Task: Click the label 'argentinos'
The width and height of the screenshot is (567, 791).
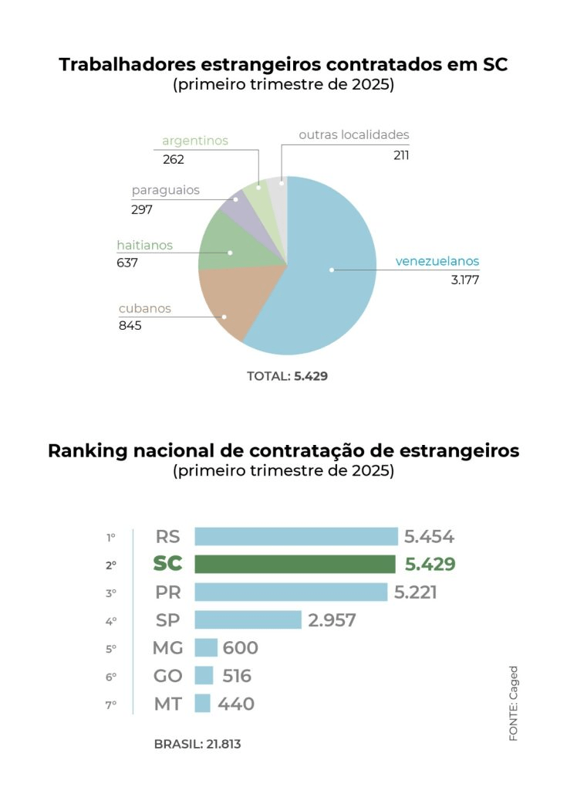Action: point(195,141)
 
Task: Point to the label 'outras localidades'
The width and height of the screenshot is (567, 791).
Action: point(354,134)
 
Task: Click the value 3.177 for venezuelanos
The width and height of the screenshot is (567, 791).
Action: point(465,280)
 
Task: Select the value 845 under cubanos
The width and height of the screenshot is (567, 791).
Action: point(130,325)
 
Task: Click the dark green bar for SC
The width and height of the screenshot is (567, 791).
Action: point(295,564)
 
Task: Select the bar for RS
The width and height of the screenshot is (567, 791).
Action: point(295,537)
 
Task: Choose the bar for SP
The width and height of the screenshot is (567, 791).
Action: point(248,620)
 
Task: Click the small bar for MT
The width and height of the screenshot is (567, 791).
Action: point(202,703)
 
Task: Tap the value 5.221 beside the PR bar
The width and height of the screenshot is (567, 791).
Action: point(415,592)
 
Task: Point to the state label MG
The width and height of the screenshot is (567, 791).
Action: point(167,648)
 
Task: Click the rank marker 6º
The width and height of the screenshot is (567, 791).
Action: point(111,677)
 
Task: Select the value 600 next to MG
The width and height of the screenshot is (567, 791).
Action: point(240,648)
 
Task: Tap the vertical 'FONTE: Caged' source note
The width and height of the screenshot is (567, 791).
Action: point(513,703)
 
